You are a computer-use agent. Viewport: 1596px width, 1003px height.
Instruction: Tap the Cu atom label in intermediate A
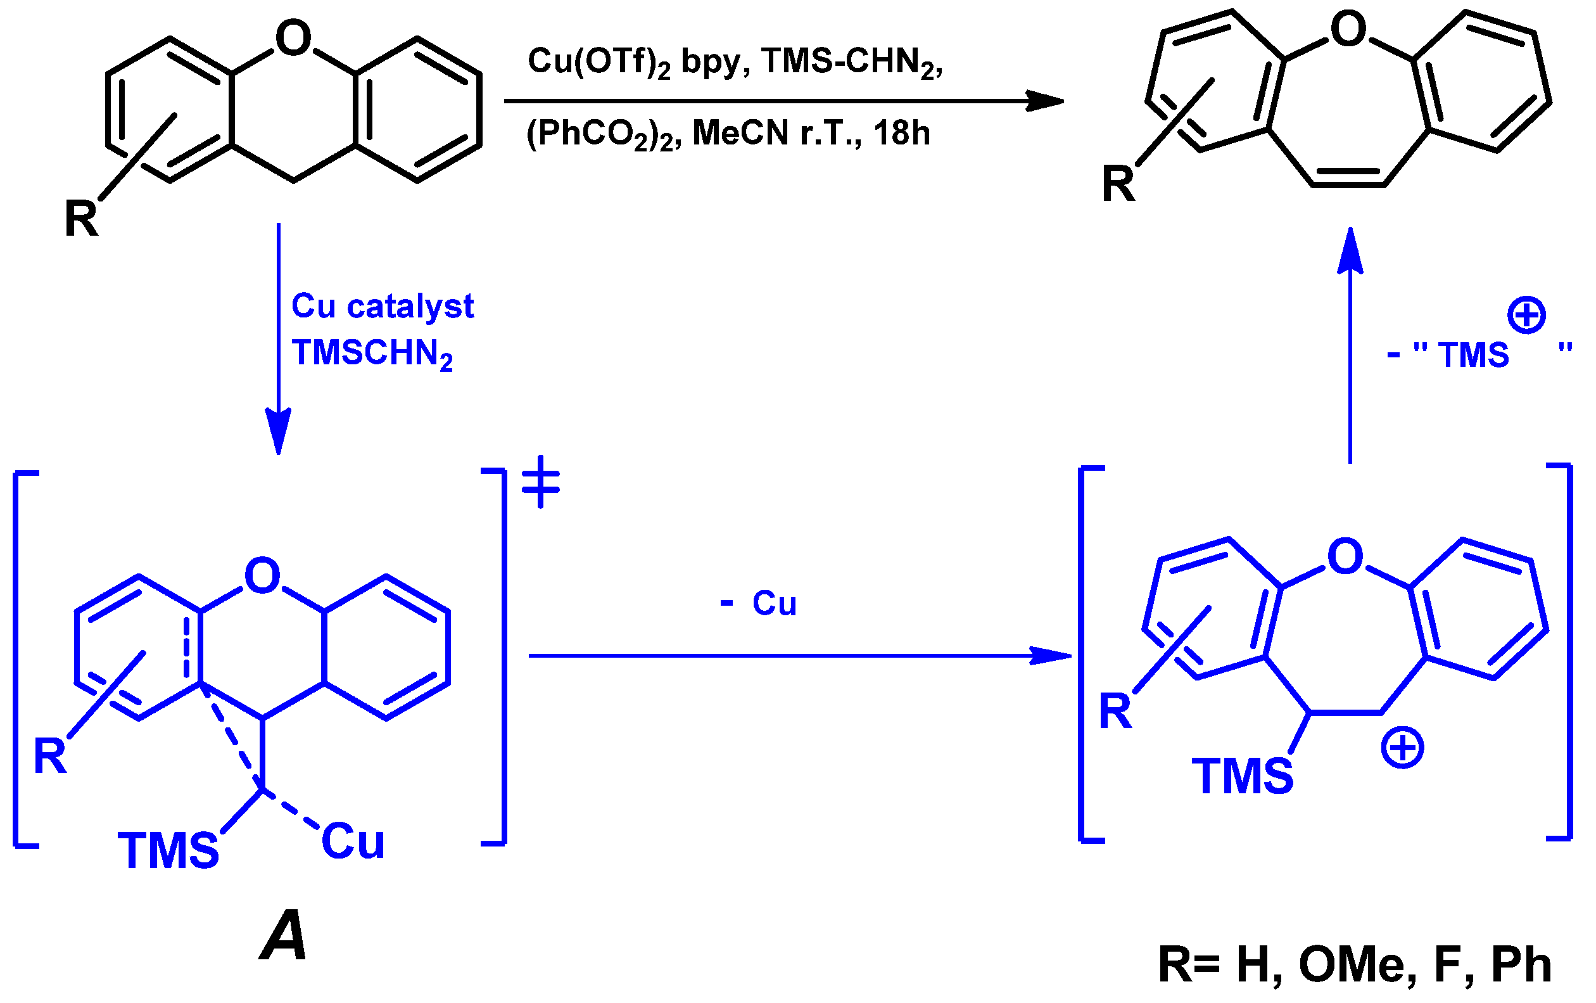(353, 842)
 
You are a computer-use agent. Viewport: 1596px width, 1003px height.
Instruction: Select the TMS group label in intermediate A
(168, 850)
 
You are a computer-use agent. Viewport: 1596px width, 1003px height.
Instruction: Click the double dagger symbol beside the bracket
(541, 482)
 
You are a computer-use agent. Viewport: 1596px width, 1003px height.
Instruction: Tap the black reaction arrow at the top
(782, 101)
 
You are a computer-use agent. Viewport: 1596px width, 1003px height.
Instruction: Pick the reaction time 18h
(901, 133)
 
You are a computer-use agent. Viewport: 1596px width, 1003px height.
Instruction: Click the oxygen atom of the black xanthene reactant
(293, 38)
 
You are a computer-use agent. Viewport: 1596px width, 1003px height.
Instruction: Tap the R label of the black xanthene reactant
(81, 219)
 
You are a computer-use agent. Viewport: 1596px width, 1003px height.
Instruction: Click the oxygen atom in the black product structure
(1349, 29)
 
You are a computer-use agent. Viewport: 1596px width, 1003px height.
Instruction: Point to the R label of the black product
(1118, 184)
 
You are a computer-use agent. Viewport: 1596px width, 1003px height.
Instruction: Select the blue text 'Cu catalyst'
(383, 306)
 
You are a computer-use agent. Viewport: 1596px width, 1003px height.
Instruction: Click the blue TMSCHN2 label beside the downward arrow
(372, 354)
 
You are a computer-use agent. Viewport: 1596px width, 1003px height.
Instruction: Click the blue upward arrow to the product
(1350, 345)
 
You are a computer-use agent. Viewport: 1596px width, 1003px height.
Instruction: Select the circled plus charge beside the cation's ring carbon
(1402, 748)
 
